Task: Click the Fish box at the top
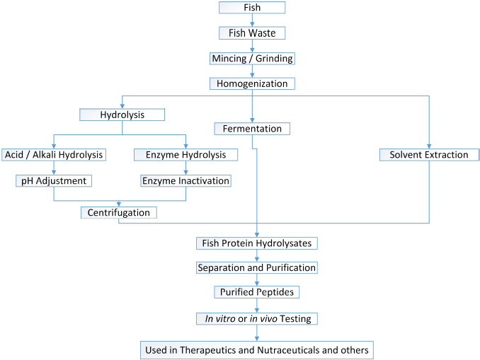pos(252,8)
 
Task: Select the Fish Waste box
pos(252,33)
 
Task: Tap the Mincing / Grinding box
pos(252,58)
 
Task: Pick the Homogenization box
pos(252,83)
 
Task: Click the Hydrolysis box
pos(122,114)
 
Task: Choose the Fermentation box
pos(252,129)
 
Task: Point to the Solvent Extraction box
pos(429,154)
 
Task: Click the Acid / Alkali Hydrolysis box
pos(54,154)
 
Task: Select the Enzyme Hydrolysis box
pos(185,154)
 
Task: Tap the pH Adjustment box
pos(54,180)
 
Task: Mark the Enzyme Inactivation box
pos(185,180)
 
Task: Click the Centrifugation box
pos(118,212)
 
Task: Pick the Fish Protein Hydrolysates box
pos(256,243)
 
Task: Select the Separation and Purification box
pos(256,268)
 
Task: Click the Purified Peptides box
pos(256,292)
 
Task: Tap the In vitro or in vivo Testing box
pos(256,318)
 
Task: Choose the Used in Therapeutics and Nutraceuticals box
pos(256,349)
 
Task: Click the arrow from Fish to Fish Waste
pos(252,21)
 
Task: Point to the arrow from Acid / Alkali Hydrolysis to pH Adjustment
pos(54,168)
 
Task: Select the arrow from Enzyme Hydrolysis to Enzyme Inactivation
pos(185,168)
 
